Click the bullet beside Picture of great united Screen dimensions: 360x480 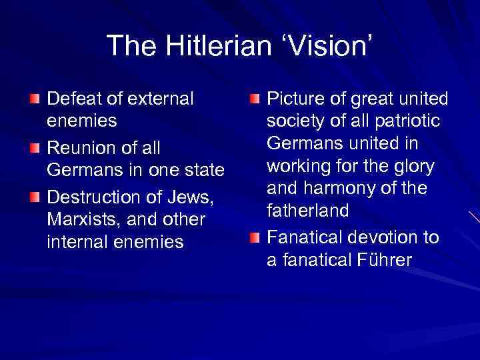pos(254,99)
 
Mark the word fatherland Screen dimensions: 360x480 pos(308,211)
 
